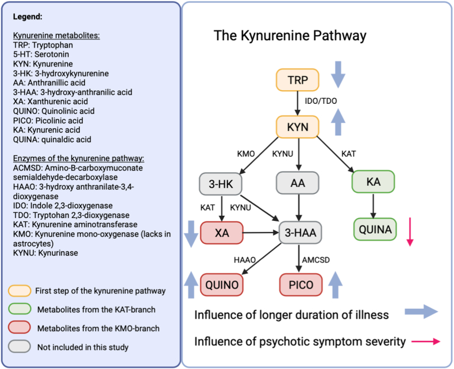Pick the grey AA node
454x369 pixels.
coord(298,184)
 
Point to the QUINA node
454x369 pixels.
coord(373,230)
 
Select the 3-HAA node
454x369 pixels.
coord(299,234)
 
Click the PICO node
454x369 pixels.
coord(301,283)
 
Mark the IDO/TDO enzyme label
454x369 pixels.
coord(321,101)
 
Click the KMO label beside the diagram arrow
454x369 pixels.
coord(245,154)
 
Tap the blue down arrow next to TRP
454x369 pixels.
coord(339,75)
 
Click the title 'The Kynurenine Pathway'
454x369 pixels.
coord(290,36)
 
